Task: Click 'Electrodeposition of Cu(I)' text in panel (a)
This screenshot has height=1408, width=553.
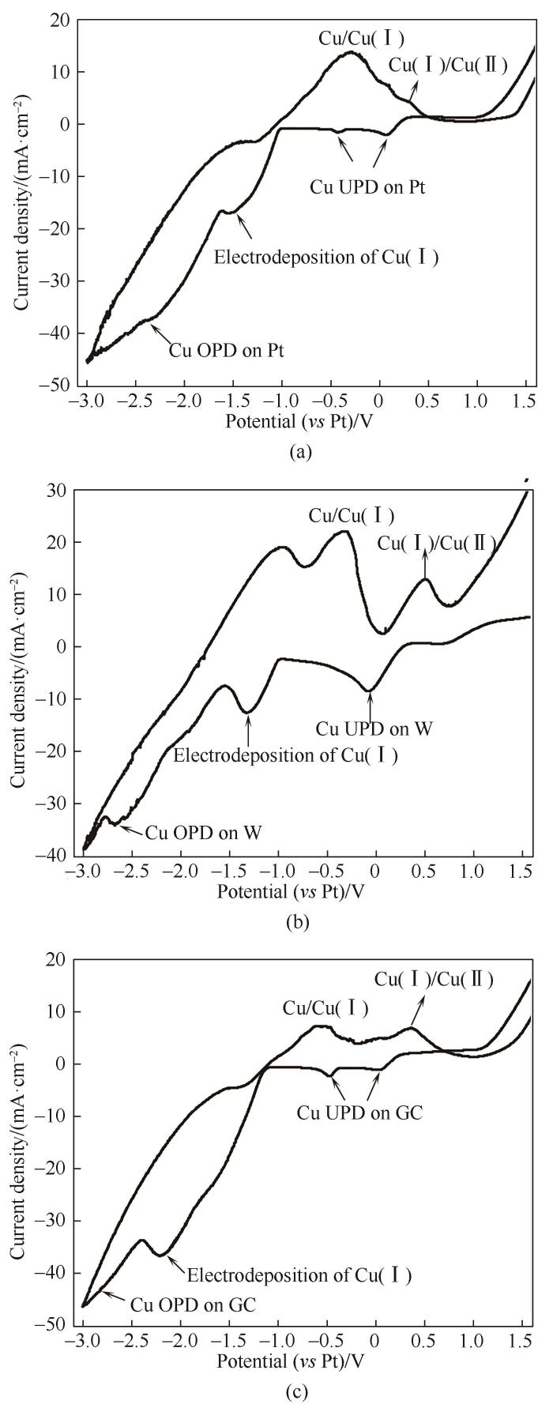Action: click(x=327, y=258)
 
